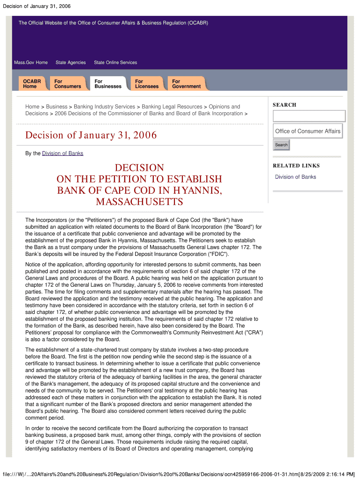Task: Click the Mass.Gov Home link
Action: pyautogui.click(x=31, y=63)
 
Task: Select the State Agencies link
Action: pyautogui.click(x=71, y=63)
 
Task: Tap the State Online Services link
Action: pyautogui.click(x=115, y=63)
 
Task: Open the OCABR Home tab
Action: pyautogui.click(x=32, y=84)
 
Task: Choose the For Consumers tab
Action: pyautogui.click(x=67, y=84)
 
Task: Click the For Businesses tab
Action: pyautogui.click(x=108, y=84)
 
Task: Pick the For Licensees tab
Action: pyautogui.click(x=147, y=84)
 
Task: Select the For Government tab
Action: pyautogui.click(x=186, y=84)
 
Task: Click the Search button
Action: pyautogui.click(x=281, y=145)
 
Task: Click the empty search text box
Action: pyautogui.click(x=309, y=116)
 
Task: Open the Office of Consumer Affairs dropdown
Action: pyautogui.click(x=308, y=131)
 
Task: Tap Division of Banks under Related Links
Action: pyautogui.click(x=295, y=177)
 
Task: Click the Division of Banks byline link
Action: pyautogui.click(x=63, y=153)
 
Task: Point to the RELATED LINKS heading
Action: pyautogui.click(x=296, y=166)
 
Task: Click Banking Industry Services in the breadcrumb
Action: pyautogui.click(x=104, y=107)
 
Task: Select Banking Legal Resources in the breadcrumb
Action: pyautogui.click(x=172, y=107)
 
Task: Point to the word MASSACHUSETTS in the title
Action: pyautogui.click(x=139, y=202)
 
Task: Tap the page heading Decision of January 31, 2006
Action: pyautogui.click(x=91, y=136)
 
